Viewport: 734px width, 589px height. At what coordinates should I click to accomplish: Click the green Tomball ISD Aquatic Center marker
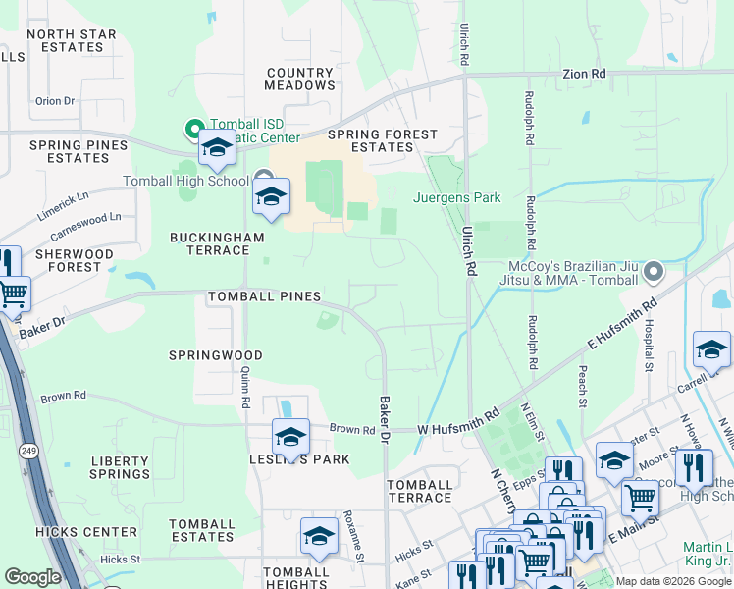coord(194,129)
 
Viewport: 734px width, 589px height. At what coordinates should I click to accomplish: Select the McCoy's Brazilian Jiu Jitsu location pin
coord(655,269)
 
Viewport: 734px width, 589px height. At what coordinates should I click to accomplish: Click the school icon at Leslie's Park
coord(290,437)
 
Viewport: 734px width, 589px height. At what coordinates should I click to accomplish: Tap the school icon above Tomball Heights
coord(319,536)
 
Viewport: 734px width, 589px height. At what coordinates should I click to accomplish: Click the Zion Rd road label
coord(584,74)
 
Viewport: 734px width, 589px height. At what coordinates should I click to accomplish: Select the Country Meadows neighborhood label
coord(300,79)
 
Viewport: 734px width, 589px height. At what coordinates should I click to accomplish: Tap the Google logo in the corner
coord(32,577)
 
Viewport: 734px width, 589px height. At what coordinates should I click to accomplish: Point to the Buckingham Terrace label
coord(210,243)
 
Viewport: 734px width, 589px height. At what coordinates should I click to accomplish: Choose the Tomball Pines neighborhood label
coord(264,296)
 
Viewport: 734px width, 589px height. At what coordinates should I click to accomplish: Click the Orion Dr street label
coord(55,101)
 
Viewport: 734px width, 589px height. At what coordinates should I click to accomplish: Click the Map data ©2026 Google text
coord(673,581)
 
